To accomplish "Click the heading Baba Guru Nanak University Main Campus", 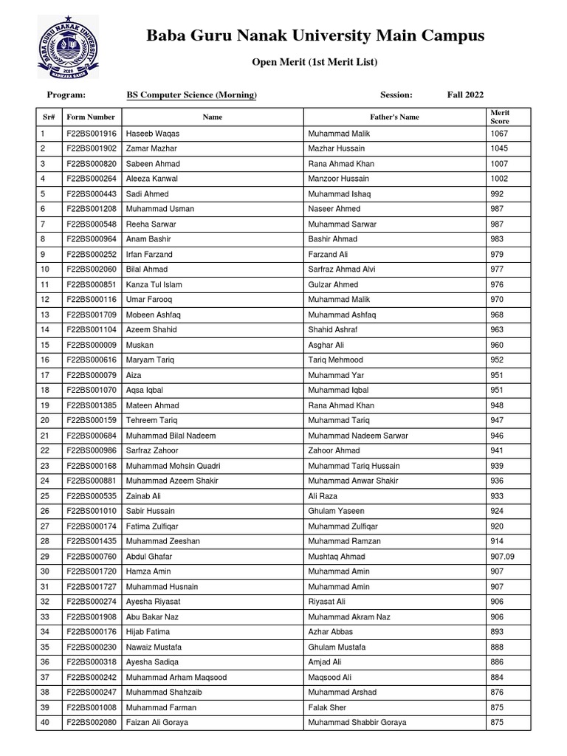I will [315, 35].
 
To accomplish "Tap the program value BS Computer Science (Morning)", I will [192, 94].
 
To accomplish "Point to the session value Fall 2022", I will [465, 94].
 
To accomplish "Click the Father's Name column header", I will [394, 117].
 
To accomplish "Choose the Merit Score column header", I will [500, 117].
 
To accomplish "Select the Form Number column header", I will [91, 117].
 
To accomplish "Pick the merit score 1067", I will [499, 134].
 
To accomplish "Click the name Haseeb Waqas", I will [153, 134].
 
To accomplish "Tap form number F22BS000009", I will [91, 345].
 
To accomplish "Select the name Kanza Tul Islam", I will [154, 284].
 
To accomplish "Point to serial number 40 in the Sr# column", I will [45, 722].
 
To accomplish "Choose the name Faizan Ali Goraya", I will [157, 722].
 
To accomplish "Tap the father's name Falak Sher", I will [326, 707].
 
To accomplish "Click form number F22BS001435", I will [91, 541].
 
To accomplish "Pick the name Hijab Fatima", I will [148, 632].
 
